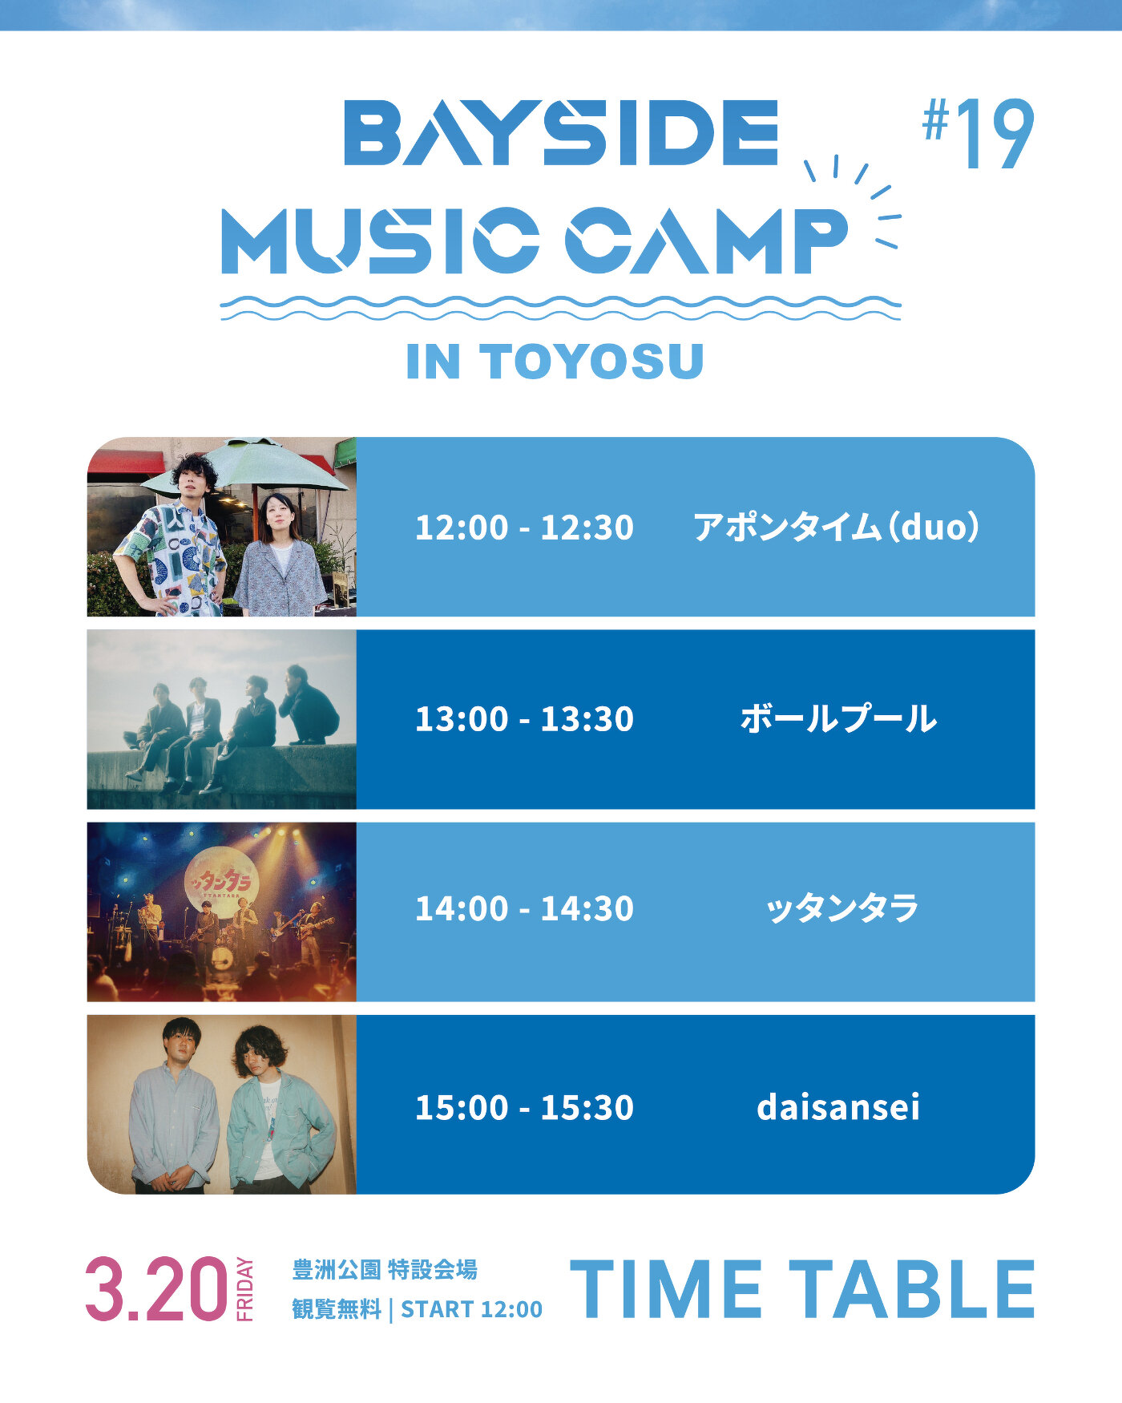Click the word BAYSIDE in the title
pos(561,132)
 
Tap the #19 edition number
pos(978,134)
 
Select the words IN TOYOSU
pos(555,362)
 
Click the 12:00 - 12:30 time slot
pos(524,528)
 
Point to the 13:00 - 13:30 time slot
pos(524,718)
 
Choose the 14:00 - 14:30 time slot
pos(524,908)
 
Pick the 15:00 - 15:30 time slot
pos(524,1107)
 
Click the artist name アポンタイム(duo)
pos(837,528)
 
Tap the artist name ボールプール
pos(838,718)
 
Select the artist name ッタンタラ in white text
pos(841,908)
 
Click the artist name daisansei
pos(838,1106)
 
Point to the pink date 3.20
pos(157,1289)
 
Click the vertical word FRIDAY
pos(244,1289)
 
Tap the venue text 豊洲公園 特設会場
pos(385,1270)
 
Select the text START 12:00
pos(471,1309)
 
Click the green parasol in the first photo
pos(245,465)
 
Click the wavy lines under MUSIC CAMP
pos(561,307)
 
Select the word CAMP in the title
pos(706,240)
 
